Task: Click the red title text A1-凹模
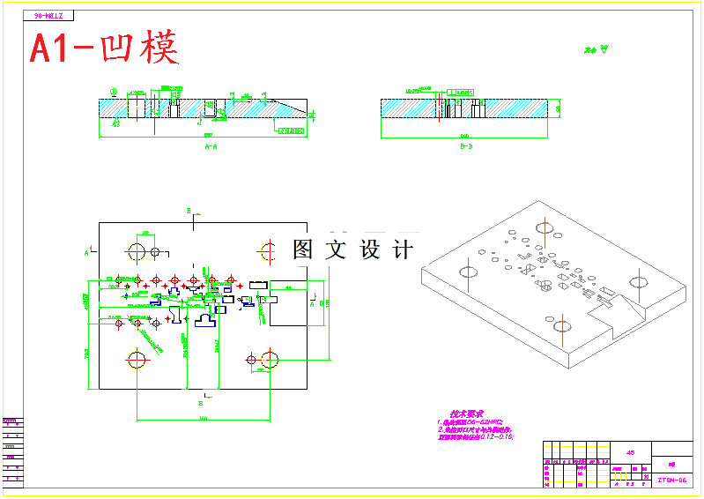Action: tap(104, 48)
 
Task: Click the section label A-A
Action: tap(211, 147)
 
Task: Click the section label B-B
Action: tap(466, 147)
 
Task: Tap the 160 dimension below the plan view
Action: tap(203, 418)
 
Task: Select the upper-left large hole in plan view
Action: tap(137, 251)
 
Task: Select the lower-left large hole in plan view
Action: tap(137, 360)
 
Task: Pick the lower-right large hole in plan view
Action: tap(270, 360)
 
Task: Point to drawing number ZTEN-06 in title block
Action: tap(671, 480)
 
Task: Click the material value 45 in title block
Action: tap(630, 452)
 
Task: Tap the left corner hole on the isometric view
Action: tap(467, 267)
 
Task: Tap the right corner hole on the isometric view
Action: tap(639, 281)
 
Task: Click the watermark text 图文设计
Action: tap(352, 250)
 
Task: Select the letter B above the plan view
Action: tap(188, 211)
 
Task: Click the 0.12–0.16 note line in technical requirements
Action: tap(476, 436)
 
